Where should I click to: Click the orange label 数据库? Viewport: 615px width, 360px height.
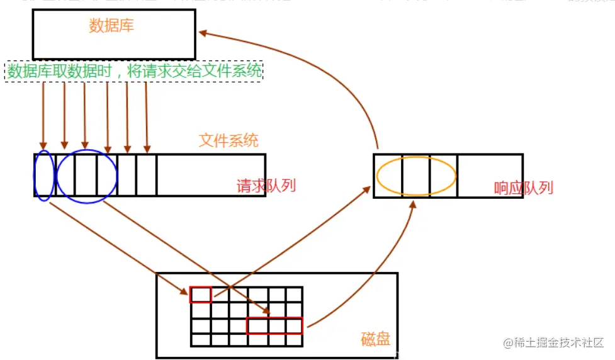tap(111, 26)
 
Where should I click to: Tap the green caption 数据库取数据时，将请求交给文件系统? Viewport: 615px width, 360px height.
tap(134, 71)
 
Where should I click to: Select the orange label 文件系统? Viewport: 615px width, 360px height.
tap(229, 140)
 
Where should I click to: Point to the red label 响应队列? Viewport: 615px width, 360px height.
tap(523, 188)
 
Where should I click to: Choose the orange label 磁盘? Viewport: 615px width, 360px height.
tap(376, 339)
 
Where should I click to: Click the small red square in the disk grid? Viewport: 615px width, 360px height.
tap(201, 295)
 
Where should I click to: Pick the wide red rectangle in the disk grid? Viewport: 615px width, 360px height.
tap(274, 325)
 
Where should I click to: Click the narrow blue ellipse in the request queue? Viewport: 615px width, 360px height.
tap(43, 175)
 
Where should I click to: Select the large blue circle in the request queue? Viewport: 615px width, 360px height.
tap(87, 176)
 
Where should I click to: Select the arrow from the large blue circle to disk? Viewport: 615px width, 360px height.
tap(189, 255)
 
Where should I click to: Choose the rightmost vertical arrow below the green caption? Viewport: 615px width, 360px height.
tap(147, 113)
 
